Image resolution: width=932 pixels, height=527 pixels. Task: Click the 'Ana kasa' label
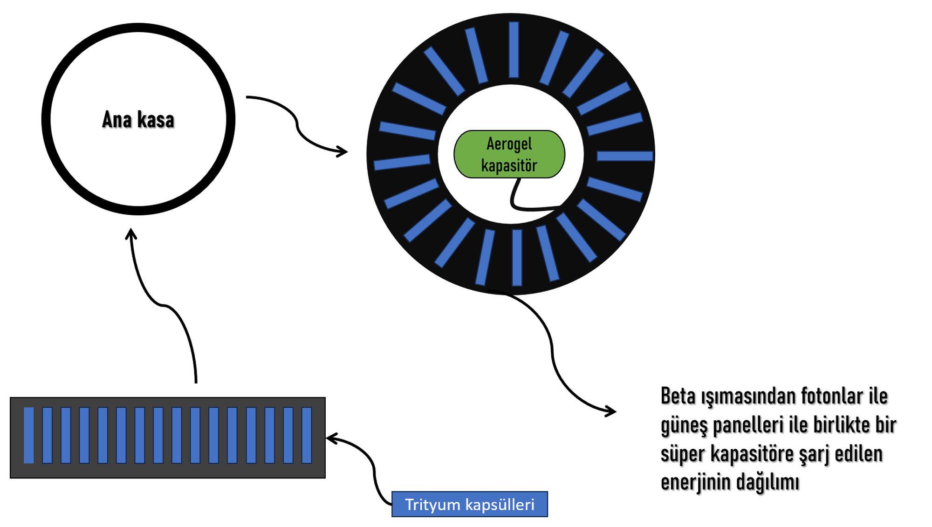tap(138, 120)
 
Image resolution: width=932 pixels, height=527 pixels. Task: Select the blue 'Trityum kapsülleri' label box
tap(469, 504)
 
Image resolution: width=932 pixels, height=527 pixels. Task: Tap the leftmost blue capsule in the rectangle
tap(29, 435)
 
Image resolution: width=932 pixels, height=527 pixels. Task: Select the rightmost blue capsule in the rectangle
tap(307, 435)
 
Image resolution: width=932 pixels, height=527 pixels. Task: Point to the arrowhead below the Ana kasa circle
tap(131, 233)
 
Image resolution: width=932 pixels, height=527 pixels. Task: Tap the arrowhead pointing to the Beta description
tap(612, 411)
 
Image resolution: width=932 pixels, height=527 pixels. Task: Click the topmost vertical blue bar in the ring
tap(514, 49)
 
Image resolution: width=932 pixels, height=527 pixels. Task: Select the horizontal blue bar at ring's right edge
tap(624, 156)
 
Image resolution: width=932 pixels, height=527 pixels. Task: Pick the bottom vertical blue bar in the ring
tap(517, 257)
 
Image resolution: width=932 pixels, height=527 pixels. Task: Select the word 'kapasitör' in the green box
tap(509, 165)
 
